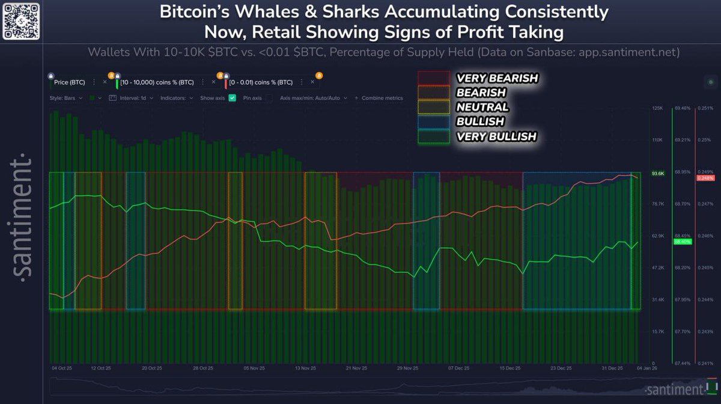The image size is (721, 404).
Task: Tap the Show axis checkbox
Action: point(233,97)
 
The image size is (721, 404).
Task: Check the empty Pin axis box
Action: point(269,97)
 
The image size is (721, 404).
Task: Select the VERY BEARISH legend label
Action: point(497,78)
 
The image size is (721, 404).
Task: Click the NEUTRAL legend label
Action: point(482,108)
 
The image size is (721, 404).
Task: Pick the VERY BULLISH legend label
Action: point(496,137)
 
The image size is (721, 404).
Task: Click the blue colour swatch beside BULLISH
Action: point(433,122)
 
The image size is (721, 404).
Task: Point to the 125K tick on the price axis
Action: point(657,108)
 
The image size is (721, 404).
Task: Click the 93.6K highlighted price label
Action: point(658,174)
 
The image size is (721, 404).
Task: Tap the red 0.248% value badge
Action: point(705,178)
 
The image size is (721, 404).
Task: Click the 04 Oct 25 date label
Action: point(62,367)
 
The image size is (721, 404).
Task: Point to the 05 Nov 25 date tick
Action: point(254,367)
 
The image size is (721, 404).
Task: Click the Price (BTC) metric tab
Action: point(70,82)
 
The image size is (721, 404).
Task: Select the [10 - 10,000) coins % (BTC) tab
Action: point(157,82)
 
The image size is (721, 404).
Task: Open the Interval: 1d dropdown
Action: point(133,97)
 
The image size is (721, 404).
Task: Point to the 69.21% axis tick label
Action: point(683,140)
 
